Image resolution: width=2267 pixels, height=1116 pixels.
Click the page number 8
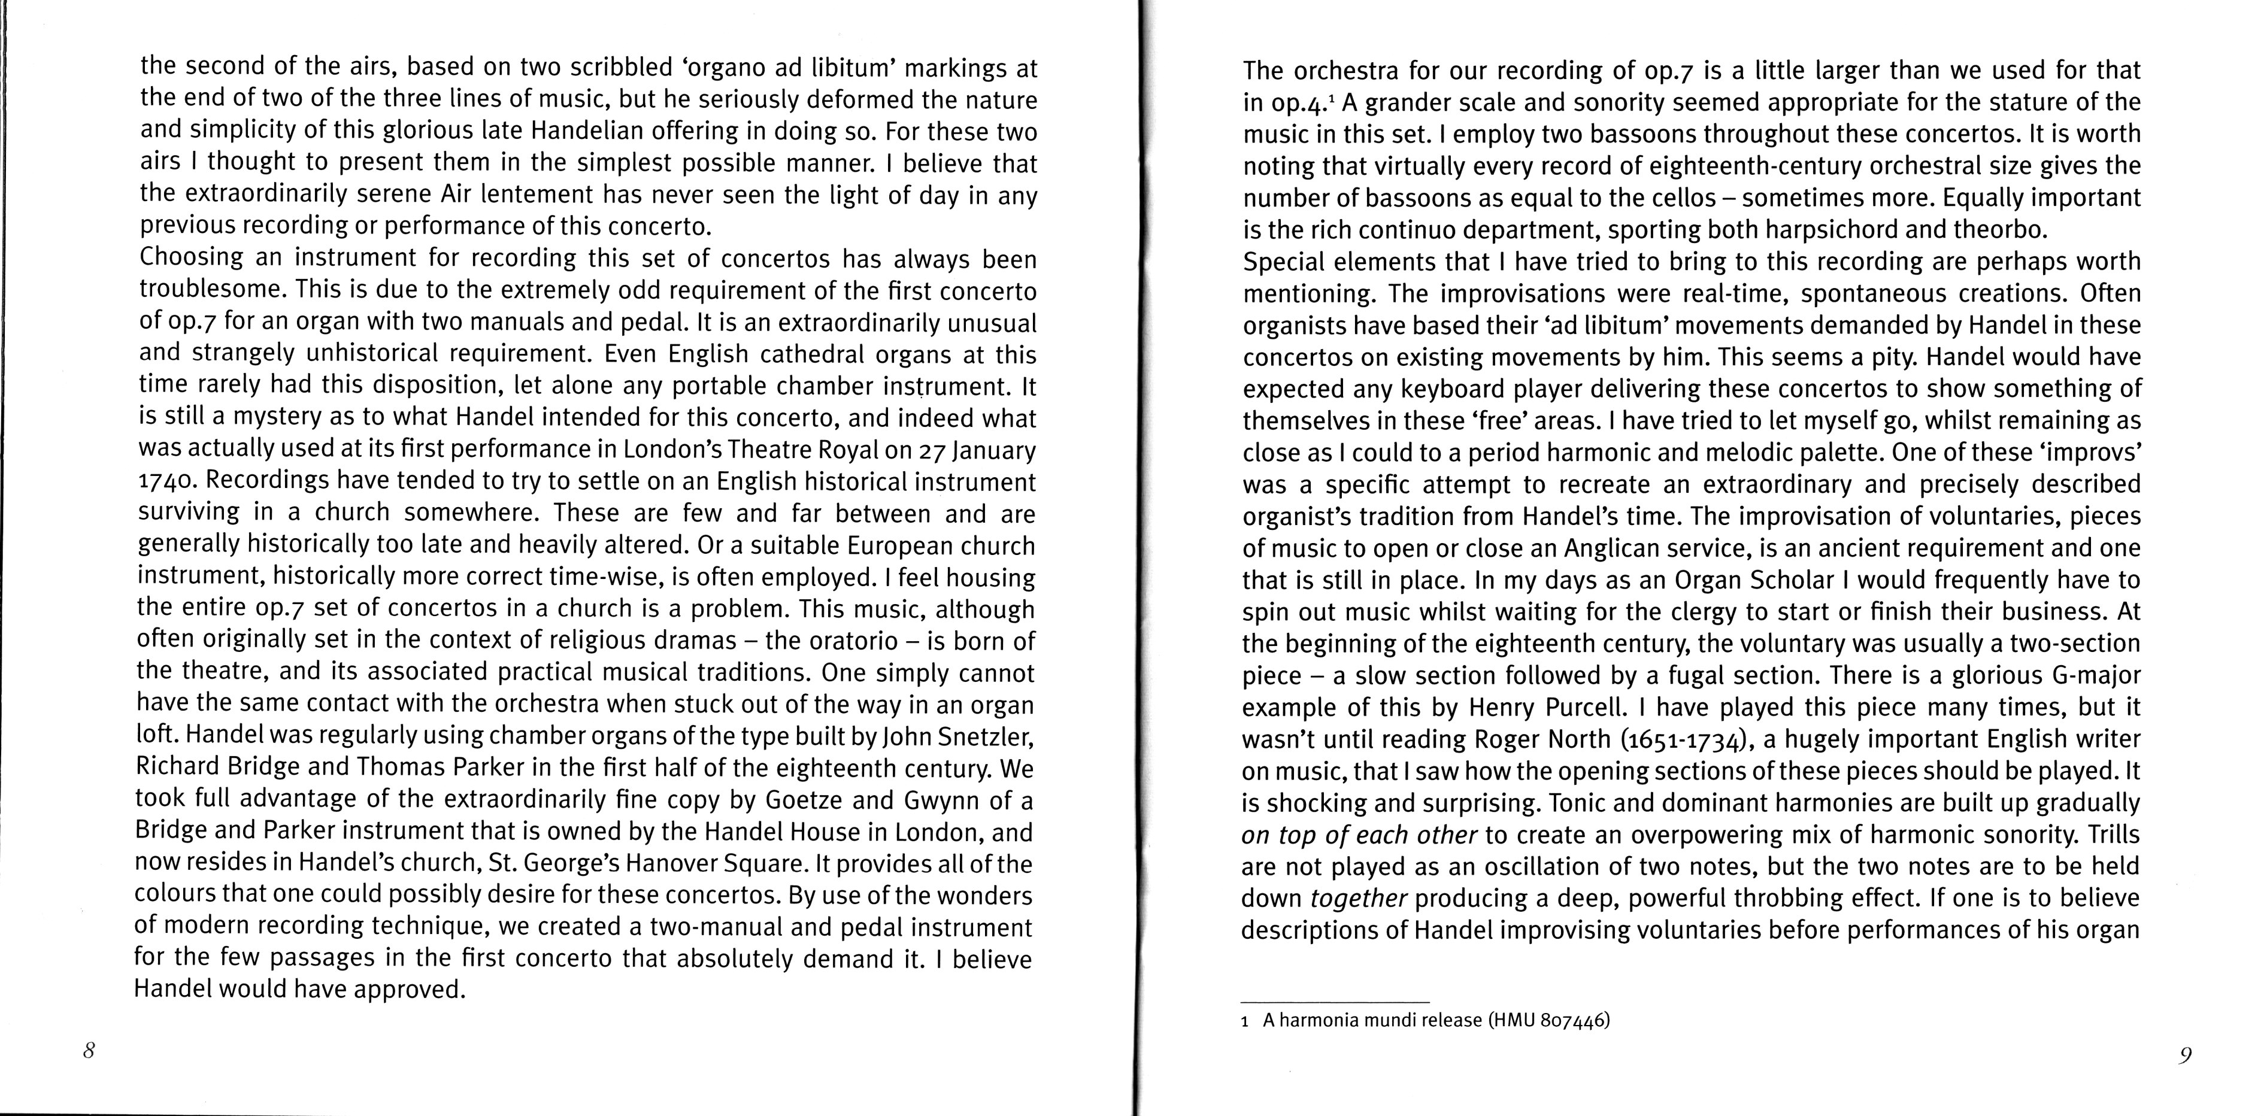89,1051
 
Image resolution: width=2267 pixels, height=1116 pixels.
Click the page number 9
2185,1056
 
